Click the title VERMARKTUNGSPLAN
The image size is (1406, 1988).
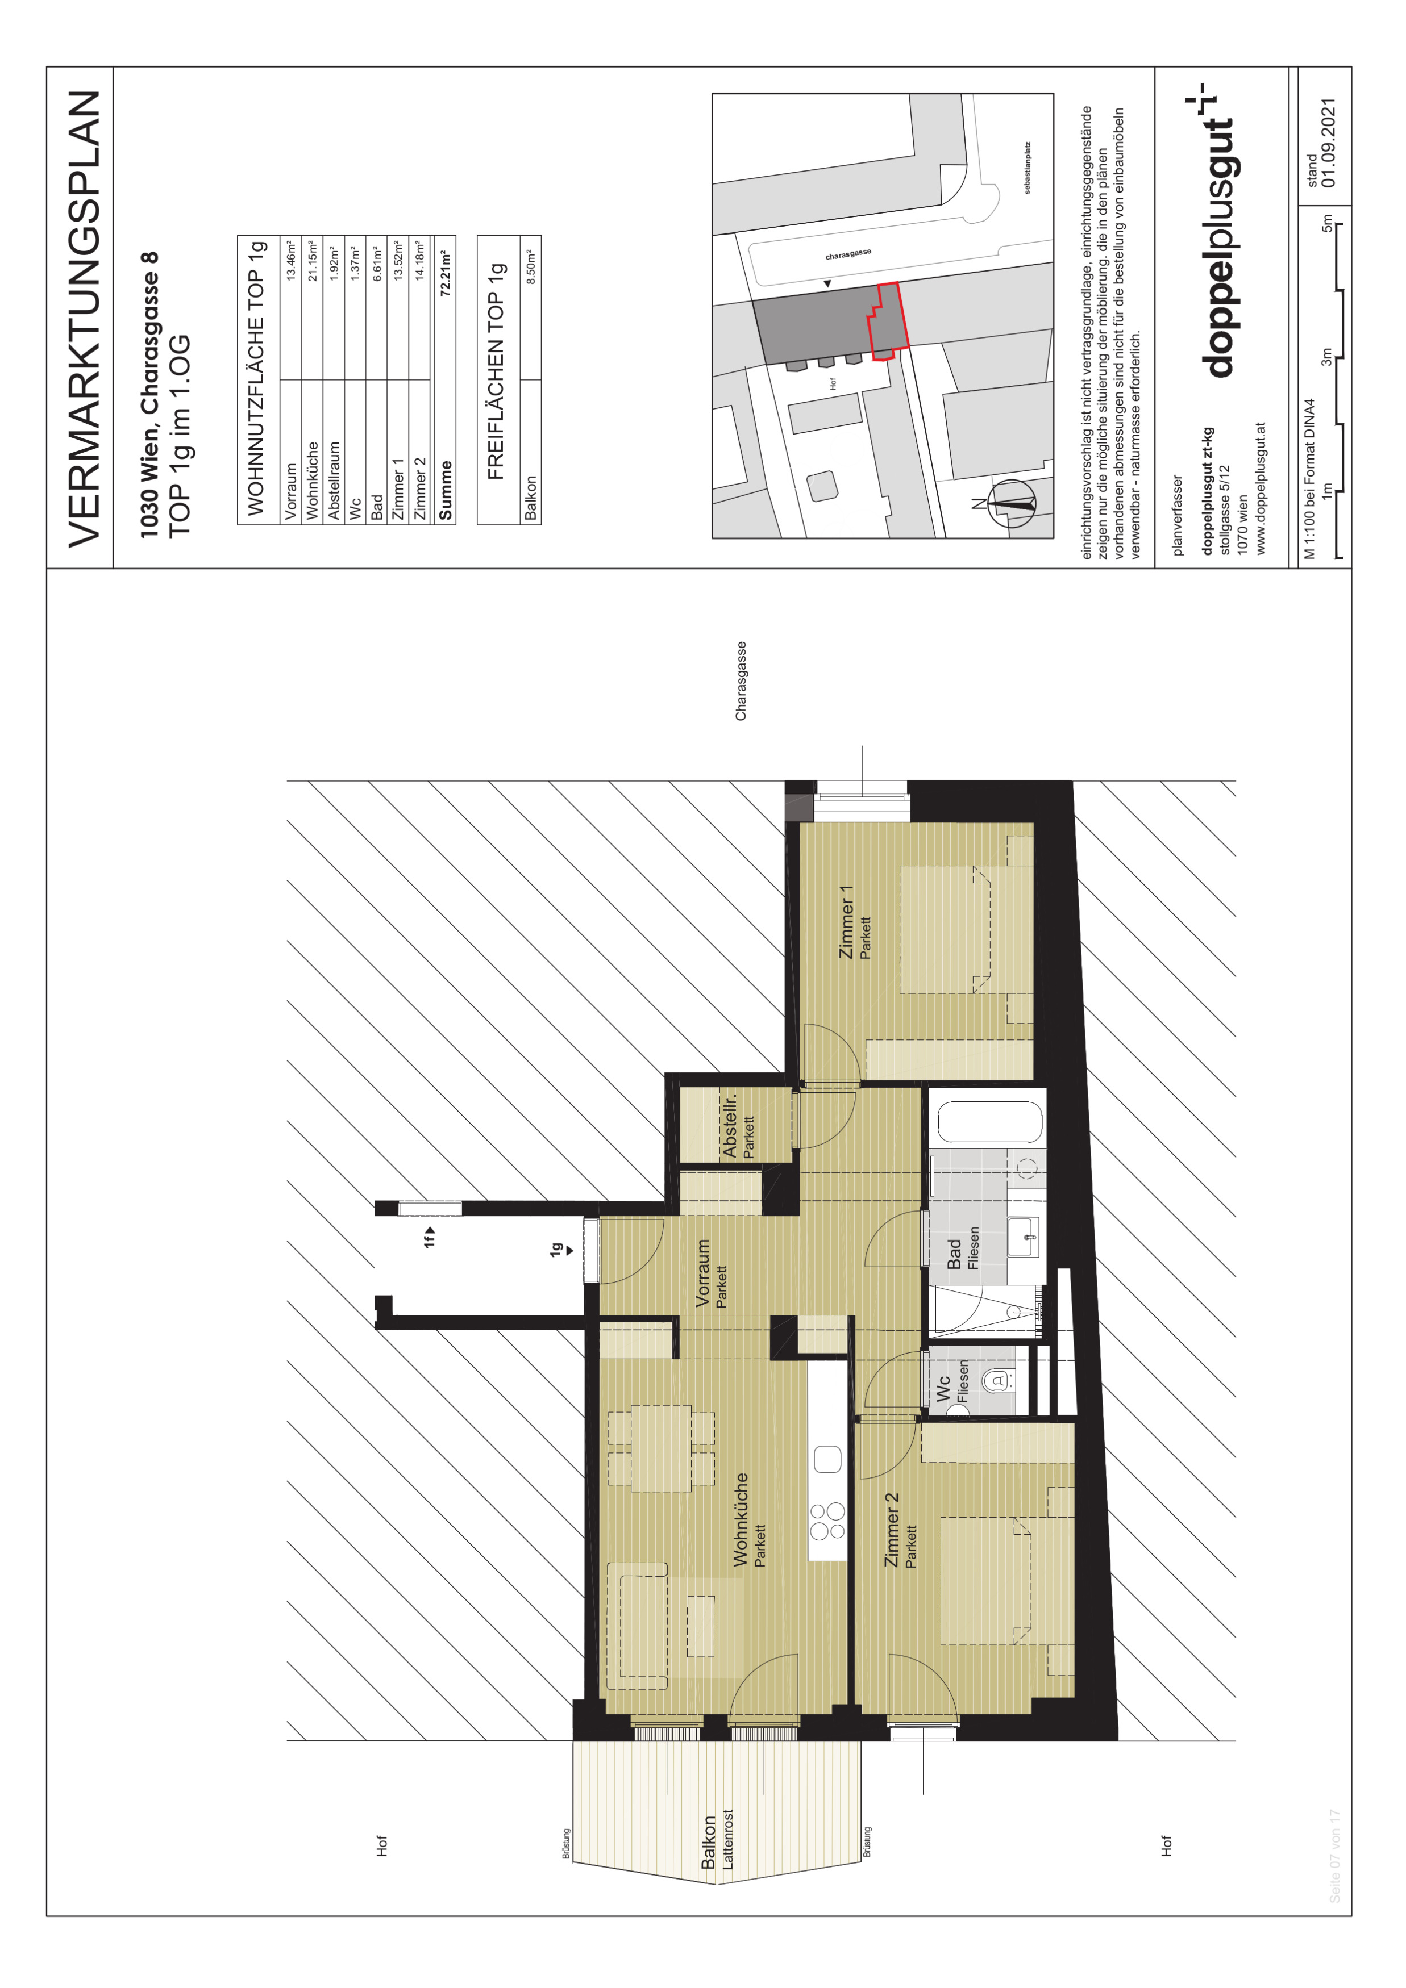point(85,319)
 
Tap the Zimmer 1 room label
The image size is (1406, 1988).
point(846,921)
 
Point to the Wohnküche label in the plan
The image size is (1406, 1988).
point(741,1519)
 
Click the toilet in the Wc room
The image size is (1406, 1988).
point(1001,1380)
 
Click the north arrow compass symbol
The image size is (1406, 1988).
point(1011,502)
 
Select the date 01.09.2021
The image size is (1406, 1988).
point(1329,143)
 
